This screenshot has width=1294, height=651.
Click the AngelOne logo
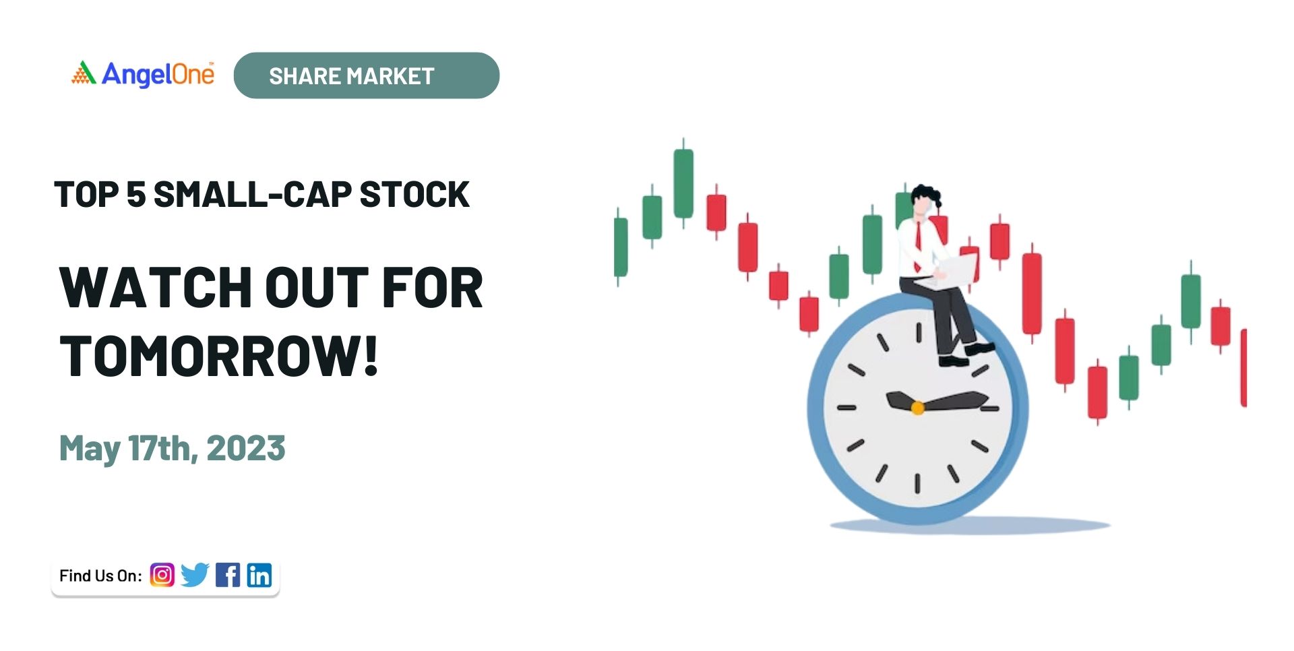point(143,74)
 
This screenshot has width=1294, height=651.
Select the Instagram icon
point(162,575)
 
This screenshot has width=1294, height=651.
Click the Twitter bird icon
point(195,575)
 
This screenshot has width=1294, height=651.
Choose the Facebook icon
point(228,575)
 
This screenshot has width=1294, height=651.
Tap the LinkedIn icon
point(259,575)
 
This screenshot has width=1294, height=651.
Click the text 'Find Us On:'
point(100,576)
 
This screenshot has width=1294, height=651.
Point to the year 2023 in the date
point(246,448)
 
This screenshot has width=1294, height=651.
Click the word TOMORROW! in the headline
point(219,356)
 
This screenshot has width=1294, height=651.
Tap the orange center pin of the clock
point(917,408)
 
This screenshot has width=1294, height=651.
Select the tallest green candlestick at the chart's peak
point(683,183)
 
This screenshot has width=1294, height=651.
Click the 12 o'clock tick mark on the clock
point(919,332)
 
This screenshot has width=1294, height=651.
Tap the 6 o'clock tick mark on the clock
point(917,483)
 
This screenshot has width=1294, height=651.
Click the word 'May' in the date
point(90,449)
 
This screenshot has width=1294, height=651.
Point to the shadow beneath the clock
point(970,526)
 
